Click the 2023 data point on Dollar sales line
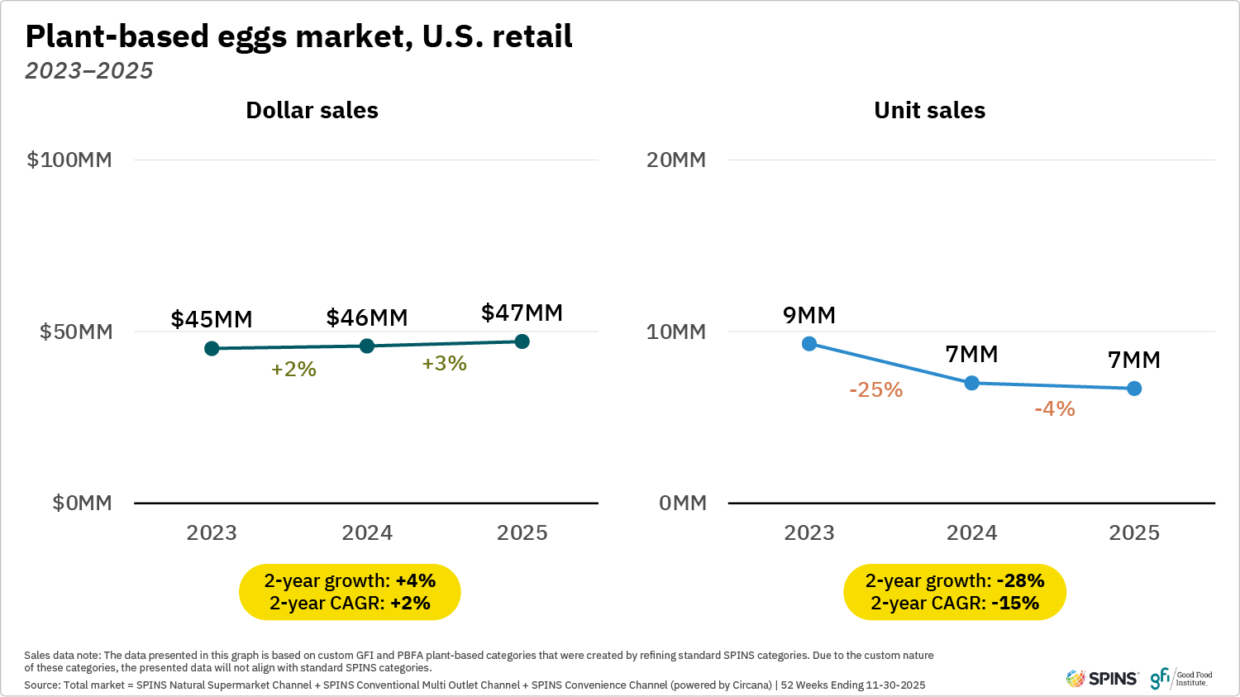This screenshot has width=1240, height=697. point(212,348)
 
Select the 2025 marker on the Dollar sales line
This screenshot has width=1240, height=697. point(522,341)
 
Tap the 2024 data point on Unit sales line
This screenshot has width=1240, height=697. point(972,383)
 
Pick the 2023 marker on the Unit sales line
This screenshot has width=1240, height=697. point(809,343)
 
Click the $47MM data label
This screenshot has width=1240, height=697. point(522,313)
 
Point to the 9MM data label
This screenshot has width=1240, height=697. point(809,315)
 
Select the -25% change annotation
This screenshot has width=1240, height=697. point(875,389)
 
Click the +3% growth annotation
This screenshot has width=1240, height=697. point(445,364)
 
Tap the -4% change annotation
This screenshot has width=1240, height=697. point(1055,408)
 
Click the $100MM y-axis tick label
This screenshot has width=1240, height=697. point(69,160)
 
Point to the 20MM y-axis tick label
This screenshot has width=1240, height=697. point(676,160)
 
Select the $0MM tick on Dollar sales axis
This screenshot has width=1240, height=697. point(82,503)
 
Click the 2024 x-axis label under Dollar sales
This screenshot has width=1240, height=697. point(367,532)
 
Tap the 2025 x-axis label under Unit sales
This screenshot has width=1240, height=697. point(1134,532)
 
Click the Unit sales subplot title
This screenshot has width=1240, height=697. point(929,110)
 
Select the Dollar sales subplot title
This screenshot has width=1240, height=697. point(312,110)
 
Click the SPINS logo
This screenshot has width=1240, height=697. point(1102,679)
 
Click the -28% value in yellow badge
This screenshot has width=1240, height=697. point(1021,580)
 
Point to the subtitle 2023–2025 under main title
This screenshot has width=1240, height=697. point(89,71)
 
